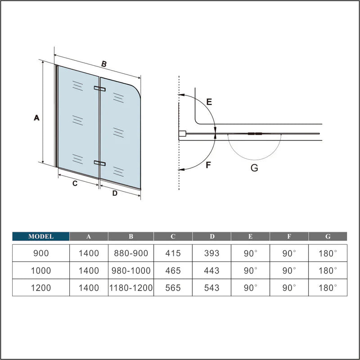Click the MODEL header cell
click(x=41, y=236)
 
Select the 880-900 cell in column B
click(x=130, y=253)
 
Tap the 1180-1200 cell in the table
click(x=130, y=288)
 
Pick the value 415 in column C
click(x=173, y=253)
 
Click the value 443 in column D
click(x=211, y=270)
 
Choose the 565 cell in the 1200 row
click(x=173, y=288)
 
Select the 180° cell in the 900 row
click(x=328, y=253)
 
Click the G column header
click(x=328, y=236)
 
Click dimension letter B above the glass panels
click(x=103, y=64)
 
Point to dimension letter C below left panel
click(x=75, y=183)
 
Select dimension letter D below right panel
click(x=115, y=193)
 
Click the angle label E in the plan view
click(x=209, y=102)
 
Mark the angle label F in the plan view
click(x=208, y=165)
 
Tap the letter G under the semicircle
click(x=254, y=169)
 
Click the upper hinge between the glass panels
click(x=99, y=88)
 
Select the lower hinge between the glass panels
click(x=99, y=163)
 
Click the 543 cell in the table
click(x=211, y=288)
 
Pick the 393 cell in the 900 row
click(x=211, y=253)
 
